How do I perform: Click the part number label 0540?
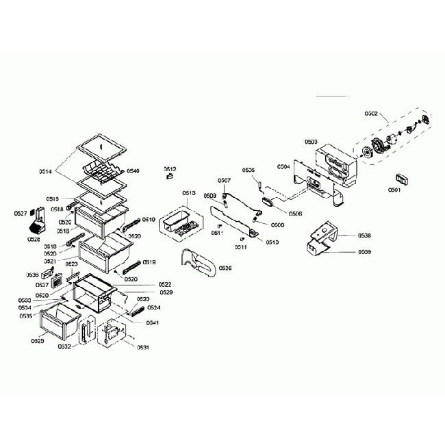click(133, 170)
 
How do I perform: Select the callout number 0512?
click(170, 168)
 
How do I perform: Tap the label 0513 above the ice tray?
click(189, 194)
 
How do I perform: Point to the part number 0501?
click(394, 190)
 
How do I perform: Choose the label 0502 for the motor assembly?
click(374, 114)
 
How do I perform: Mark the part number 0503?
click(311, 142)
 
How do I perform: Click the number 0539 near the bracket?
click(364, 252)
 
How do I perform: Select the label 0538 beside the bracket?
click(364, 236)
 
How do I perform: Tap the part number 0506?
click(296, 214)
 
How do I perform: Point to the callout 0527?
click(21, 214)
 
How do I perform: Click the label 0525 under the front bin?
click(38, 340)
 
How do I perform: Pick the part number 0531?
click(142, 347)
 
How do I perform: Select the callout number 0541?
click(153, 322)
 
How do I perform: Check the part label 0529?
click(166, 292)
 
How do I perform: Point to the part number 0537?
click(42, 285)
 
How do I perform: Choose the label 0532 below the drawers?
click(65, 347)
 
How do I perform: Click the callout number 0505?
click(249, 170)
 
